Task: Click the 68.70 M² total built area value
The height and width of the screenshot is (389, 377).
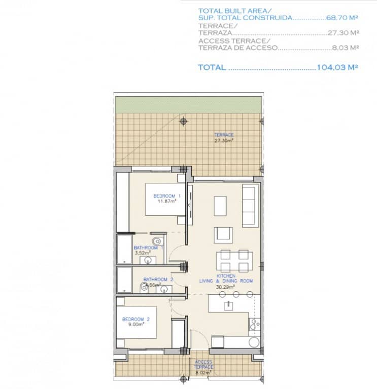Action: tap(342, 18)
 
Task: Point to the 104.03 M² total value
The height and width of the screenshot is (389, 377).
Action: tap(337, 67)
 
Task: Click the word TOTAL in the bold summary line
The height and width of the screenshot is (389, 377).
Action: tap(212, 67)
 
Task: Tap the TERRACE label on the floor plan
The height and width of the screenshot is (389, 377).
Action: tap(224, 135)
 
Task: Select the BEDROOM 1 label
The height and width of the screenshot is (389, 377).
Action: tap(166, 196)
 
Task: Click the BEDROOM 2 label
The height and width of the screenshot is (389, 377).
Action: tap(136, 319)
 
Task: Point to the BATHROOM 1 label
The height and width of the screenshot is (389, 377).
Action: tap(148, 248)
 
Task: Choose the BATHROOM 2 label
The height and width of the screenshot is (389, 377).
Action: tap(158, 279)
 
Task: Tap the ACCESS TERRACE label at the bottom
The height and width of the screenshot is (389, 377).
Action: tap(203, 364)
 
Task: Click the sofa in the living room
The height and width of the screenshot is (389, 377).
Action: tap(249, 206)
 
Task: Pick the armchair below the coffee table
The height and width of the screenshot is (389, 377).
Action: tap(224, 234)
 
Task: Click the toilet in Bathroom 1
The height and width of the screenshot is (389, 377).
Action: tap(157, 241)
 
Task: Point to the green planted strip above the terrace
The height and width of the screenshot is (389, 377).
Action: tap(188, 104)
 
